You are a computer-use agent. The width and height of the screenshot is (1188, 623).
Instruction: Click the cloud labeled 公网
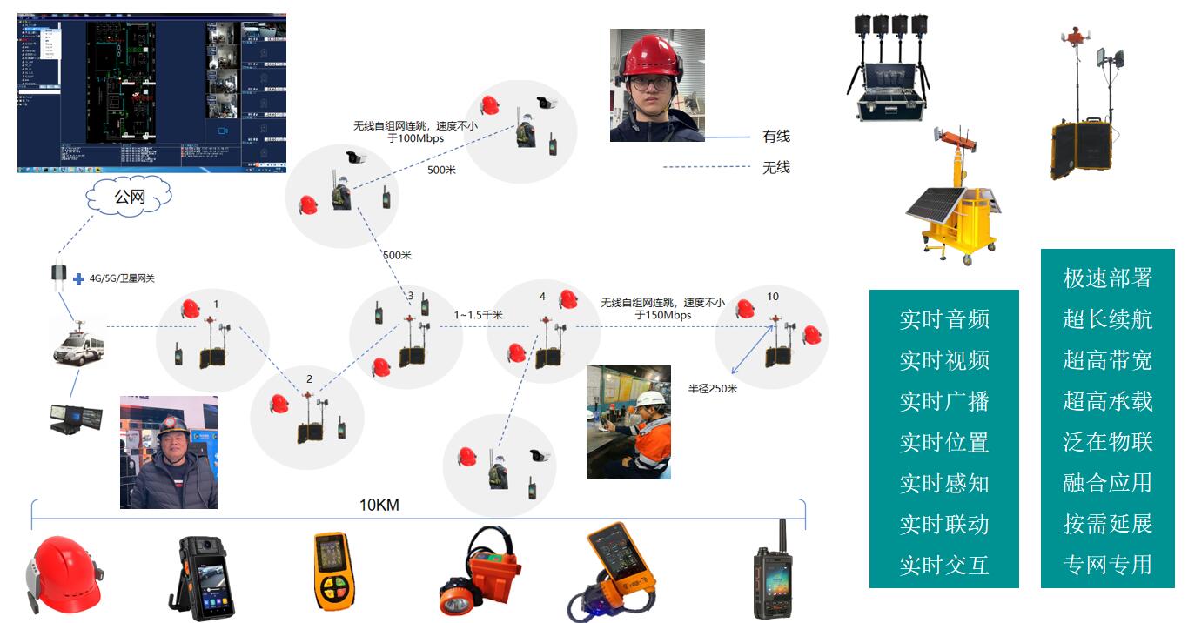tap(129, 198)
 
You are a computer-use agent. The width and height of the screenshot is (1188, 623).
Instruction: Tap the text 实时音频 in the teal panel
tap(944, 319)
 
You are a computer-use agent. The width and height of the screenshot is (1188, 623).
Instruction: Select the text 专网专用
tap(1107, 565)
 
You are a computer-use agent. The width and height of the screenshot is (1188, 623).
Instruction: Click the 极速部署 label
tap(1107, 278)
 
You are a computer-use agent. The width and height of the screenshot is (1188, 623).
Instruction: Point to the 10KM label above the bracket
tap(379, 505)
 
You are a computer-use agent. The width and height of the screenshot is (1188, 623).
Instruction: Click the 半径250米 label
tap(713, 389)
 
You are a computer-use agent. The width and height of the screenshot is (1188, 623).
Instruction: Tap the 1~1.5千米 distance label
tap(479, 315)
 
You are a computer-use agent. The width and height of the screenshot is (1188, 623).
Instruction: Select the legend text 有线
tap(775, 137)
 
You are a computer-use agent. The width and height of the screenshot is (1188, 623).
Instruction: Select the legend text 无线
tap(775, 167)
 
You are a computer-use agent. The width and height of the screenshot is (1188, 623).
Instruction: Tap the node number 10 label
tap(773, 297)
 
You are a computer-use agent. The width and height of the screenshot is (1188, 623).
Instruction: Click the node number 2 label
tap(309, 379)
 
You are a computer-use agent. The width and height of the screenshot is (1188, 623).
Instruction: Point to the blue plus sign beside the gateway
tap(78, 279)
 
